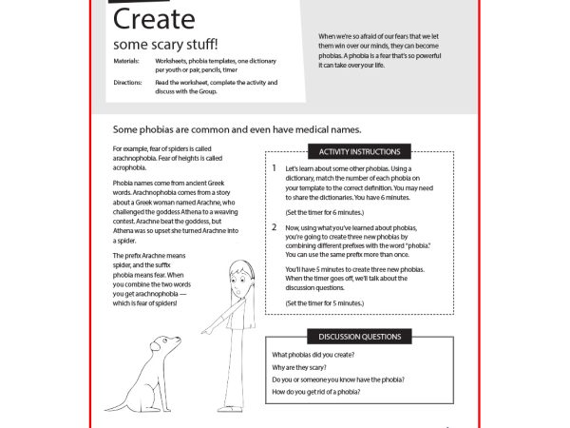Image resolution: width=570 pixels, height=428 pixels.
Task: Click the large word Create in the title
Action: (x=154, y=19)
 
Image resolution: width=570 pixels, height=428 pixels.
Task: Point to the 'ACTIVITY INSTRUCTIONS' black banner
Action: (x=360, y=151)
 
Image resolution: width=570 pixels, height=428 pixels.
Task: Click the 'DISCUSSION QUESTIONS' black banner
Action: (x=360, y=337)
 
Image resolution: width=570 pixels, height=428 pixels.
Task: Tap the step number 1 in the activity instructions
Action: (x=274, y=168)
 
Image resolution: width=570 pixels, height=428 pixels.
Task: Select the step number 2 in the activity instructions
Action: (x=274, y=227)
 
